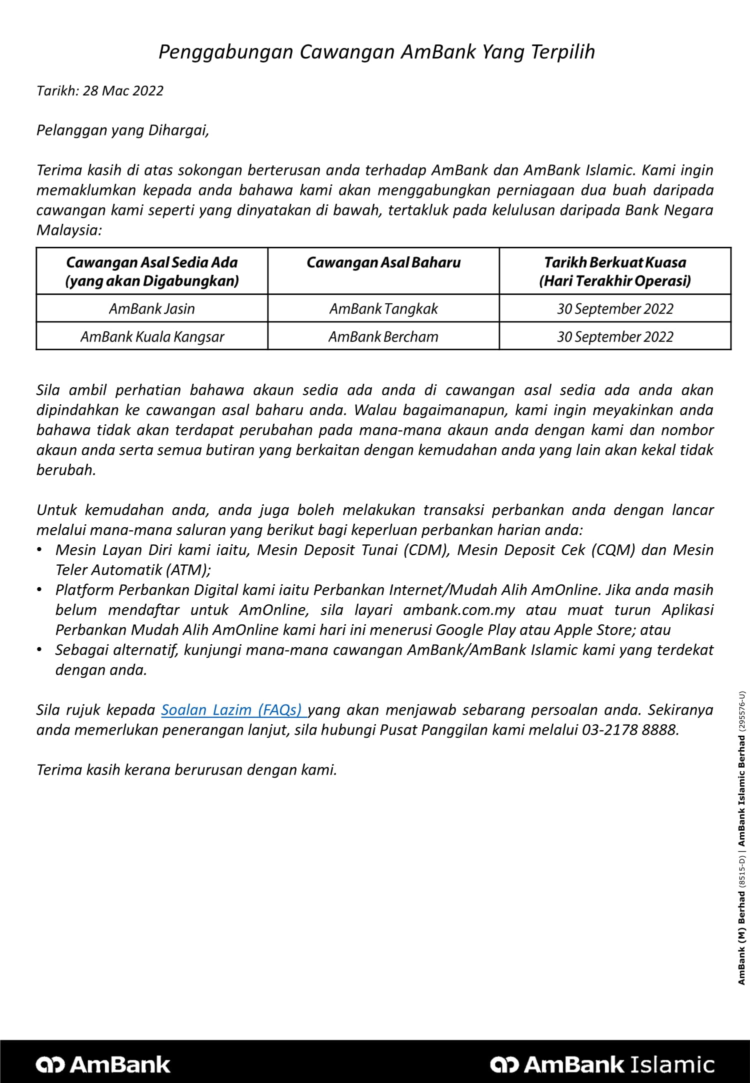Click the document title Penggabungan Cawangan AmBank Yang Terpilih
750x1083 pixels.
(x=376, y=52)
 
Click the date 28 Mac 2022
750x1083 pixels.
(x=123, y=91)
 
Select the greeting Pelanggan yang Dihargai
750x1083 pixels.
(x=122, y=130)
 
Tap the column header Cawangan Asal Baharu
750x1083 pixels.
(x=383, y=263)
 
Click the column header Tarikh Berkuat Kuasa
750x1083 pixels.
(x=615, y=263)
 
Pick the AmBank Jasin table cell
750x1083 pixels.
(x=152, y=309)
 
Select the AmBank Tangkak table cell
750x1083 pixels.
(x=383, y=309)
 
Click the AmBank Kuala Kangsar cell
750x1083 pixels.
(x=152, y=337)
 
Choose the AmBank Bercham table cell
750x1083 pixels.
(x=383, y=337)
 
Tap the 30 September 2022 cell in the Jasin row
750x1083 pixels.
(x=615, y=309)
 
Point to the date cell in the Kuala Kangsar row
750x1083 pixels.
(x=615, y=337)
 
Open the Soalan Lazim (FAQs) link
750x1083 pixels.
(x=231, y=710)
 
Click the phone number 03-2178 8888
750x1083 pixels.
(x=630, y=730)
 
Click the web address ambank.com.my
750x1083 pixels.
(x=458, y=610)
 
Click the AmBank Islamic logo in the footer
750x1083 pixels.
(x=602, y=1065)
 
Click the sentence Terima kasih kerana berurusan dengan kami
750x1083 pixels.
(x=186, y=770)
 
